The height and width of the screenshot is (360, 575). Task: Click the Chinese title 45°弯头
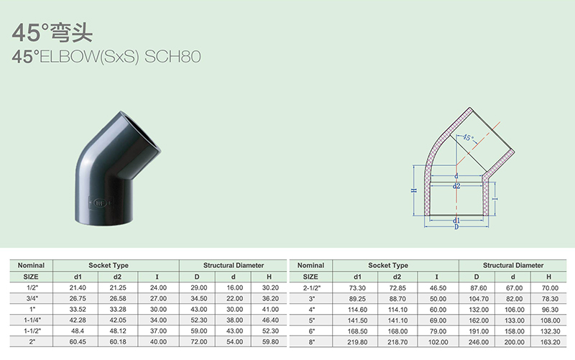(52, 32)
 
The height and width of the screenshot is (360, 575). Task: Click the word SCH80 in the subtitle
(172, 57)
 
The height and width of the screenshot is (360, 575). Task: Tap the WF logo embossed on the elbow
(100, 203)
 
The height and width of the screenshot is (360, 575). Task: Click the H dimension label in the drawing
(414, 190)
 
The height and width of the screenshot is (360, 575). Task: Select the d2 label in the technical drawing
(456, 186)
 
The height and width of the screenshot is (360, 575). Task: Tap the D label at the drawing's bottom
(456, 227)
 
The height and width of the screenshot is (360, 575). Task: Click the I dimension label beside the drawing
(495, 199)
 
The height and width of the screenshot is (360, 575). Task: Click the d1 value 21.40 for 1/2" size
(78, 288)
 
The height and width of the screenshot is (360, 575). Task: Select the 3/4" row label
(31, 299)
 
